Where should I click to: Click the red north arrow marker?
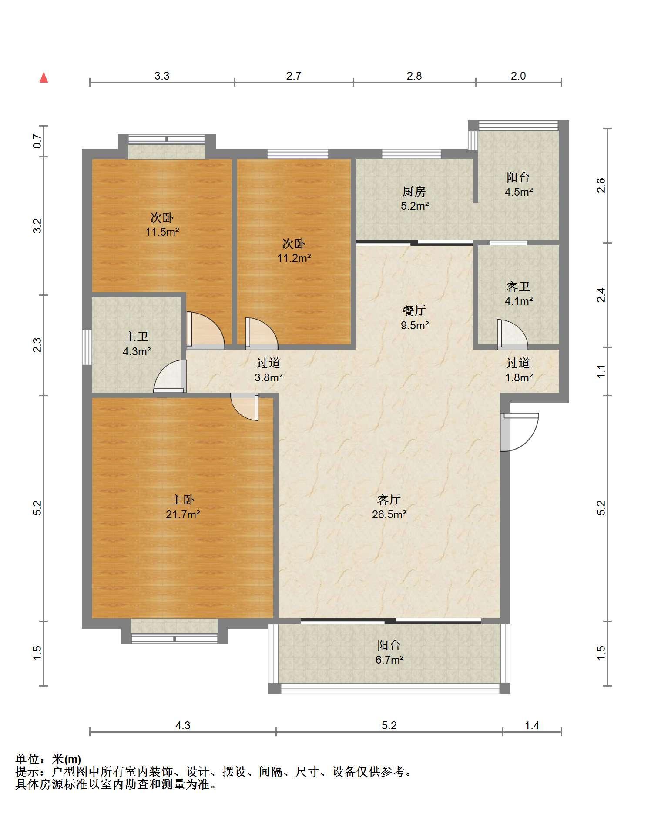(x=44, y=77)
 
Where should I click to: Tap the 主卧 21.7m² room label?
(x=183, y=507)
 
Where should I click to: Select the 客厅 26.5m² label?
(x=389, y=507)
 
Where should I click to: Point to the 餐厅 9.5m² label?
(x=414, y=317)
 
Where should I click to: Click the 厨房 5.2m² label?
(x=414, y=198)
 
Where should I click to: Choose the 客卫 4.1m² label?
(x=518, y=294)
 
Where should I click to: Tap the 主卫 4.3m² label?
(x=137, y=344)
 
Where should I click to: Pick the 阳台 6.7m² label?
(x=389, y=652)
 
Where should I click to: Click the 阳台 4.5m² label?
(x=518, y=184)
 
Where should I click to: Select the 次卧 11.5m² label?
(x=162, y=224)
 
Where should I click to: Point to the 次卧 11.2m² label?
(x=294, y=250)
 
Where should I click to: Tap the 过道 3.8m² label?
(x=268, y=370)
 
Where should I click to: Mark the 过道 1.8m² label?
(x=518, y=370)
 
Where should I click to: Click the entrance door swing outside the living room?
(x=520, y=432)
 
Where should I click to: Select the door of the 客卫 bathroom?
(x=512, y=334)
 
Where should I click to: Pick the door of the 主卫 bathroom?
(x=170, y=377)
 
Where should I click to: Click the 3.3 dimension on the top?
(x=162, y=76)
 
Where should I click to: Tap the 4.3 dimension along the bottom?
(x=183, y=725)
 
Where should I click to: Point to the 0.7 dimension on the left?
(x=37, y=141)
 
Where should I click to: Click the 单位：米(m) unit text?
(x=48, y=759)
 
